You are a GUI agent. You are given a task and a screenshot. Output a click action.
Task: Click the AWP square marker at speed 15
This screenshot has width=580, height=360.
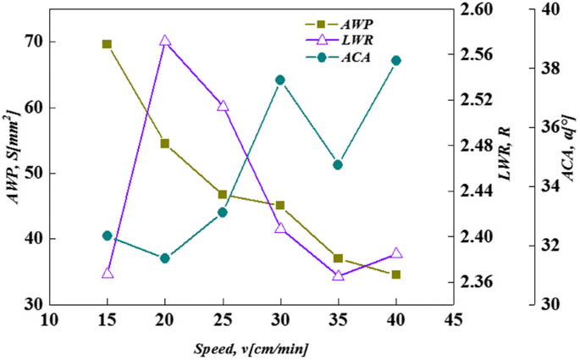pos(108,44)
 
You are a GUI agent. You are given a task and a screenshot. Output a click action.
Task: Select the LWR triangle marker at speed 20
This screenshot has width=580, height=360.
pos(165,41)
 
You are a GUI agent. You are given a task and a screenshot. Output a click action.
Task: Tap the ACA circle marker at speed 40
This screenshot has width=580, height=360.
pos(396,60)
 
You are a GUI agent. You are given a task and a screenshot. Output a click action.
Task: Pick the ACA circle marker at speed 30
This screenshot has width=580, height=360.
pos(280,80)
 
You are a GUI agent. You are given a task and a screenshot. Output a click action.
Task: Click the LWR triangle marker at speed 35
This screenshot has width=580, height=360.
pos(338,275)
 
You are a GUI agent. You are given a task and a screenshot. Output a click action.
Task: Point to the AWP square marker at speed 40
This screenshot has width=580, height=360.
pos(396,274)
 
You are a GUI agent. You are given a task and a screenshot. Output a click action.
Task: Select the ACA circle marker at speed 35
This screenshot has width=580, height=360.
pos(338,164)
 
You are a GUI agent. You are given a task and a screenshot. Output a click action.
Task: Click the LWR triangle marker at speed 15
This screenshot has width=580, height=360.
pos(108,273)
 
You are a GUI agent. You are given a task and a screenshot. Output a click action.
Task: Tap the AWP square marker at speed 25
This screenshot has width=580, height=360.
pos(223,195)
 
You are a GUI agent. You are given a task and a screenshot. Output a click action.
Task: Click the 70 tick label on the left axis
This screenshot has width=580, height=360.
pos(33,42)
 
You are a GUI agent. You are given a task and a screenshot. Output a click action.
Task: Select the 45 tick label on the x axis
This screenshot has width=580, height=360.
pos(454,320)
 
